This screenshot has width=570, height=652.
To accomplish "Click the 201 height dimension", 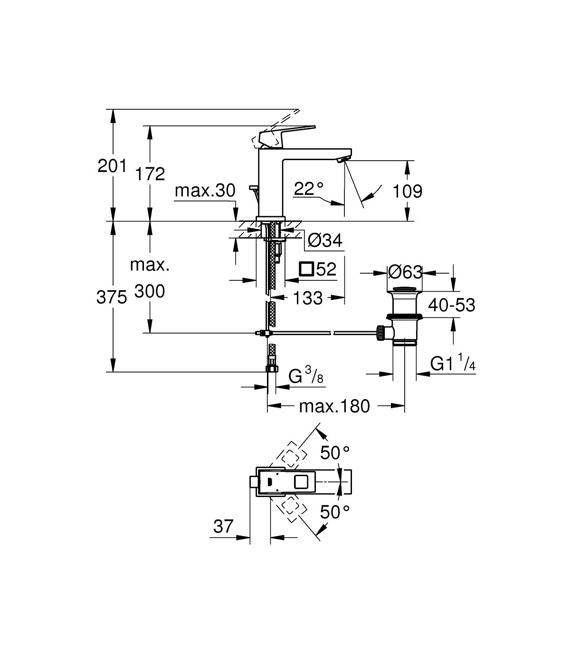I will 112,166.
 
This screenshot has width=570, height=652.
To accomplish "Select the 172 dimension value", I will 150,174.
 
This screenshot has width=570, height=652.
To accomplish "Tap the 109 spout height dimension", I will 408,192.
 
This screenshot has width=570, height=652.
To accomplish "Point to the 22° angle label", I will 308,190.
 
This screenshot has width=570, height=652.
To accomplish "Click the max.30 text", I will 205,191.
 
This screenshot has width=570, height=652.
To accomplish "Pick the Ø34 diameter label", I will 325,241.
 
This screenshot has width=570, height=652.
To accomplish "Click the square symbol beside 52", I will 306,269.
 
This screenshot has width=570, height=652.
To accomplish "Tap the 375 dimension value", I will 111,298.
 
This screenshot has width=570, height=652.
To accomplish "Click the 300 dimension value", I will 150,291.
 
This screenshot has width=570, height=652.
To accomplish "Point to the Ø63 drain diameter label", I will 405,272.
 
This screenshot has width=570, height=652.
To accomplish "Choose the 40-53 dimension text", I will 451,305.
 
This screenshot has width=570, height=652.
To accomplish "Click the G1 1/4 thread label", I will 453,364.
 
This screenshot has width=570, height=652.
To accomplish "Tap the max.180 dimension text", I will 334,406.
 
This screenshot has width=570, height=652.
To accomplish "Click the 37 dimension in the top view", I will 223,526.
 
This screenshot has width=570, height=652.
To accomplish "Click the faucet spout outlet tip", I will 341,161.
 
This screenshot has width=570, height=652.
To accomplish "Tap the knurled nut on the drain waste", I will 380,332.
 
